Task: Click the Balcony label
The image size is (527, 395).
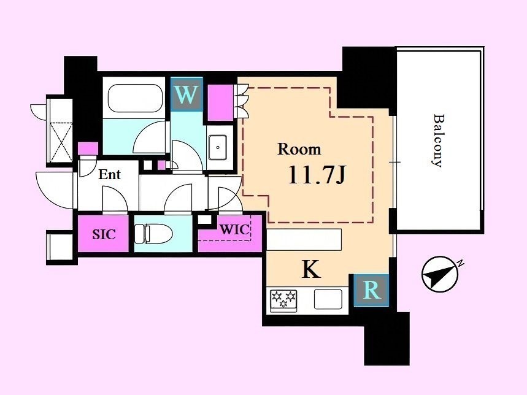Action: [438, 140]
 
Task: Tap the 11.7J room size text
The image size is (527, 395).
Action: [317, 176]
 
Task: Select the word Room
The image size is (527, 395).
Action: [299, 149]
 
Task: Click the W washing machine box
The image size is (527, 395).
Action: [187, 94]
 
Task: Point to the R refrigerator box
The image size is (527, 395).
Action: [371, 290]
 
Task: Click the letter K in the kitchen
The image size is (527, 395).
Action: [311, 269]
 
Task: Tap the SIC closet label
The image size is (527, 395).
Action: [104, 234]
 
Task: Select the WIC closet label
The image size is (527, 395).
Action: [235, 229]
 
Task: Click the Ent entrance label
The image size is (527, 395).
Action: [110, 174]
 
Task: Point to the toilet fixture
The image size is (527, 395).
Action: [153, 234]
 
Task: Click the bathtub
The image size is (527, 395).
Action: [135, 98]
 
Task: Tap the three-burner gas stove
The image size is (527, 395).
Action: [283, 299]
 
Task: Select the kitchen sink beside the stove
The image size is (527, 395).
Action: [328, 299]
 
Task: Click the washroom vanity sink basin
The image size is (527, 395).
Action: [218, 147]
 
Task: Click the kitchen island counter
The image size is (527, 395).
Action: [304, 239]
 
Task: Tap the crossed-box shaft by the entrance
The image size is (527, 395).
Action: [61, 142]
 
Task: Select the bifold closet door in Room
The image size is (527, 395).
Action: [241, 101]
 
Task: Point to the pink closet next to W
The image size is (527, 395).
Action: [220, 103]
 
